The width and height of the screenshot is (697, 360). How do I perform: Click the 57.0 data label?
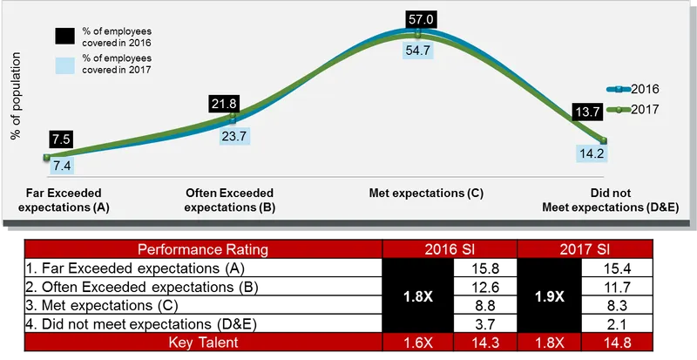coord(419,18)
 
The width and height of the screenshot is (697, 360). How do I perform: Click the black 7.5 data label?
coord(62,139)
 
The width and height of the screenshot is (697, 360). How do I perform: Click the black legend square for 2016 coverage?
coord(64,37)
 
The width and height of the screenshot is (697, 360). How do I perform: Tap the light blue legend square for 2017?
coord(64,64)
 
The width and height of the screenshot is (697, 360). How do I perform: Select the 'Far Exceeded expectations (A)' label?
coord(58,200)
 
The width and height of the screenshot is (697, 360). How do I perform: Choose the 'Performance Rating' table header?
coord(203,250)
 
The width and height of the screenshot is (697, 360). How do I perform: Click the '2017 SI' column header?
coord(585,250)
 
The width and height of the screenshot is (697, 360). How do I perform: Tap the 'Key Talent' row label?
coord(203,343)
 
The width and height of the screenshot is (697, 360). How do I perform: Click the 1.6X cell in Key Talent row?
coord(418,343)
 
